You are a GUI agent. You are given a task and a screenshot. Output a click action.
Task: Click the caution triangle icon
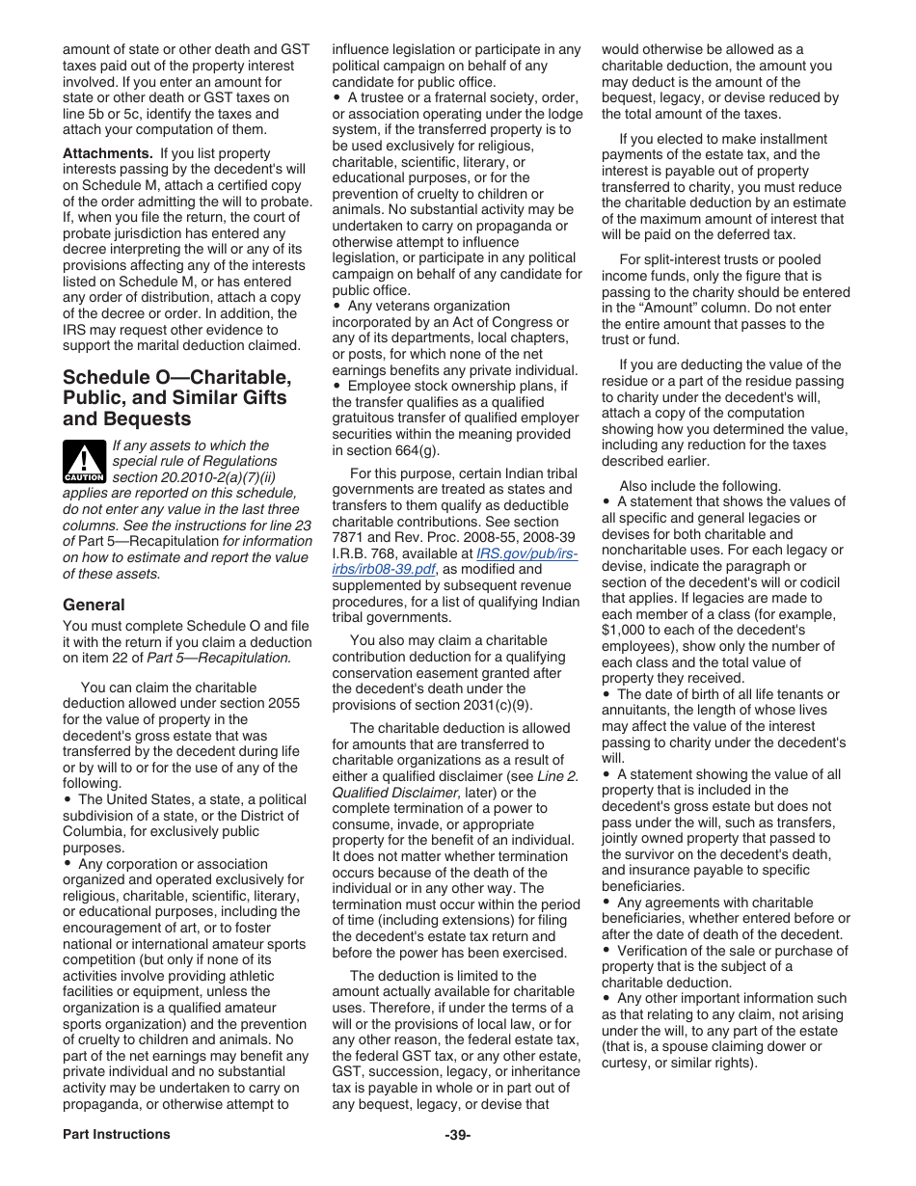(x=83, y=461)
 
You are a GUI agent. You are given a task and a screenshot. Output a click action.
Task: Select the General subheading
(x=94, y=605)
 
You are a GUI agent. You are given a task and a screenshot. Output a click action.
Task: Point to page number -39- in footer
(x=458, y=1134)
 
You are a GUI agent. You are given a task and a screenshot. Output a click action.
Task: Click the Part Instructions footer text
(x=117, y=1134)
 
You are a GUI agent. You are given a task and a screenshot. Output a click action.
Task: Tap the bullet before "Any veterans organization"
(x=337, y=307)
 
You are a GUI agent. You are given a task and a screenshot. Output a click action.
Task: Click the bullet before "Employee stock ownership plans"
(x=337, y=387)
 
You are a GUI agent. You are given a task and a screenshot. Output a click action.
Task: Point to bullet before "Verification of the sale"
(x=606, y=951)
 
